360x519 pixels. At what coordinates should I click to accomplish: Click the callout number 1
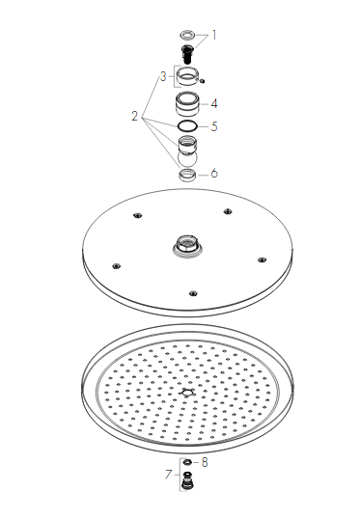click(214, 35)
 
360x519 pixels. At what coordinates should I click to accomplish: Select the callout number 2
click(134, 116)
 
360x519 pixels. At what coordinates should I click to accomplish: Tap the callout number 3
click(163, 76)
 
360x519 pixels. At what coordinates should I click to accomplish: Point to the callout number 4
click(214, 103)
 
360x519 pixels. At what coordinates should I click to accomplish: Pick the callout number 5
click(214, 126)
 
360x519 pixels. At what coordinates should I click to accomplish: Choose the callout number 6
click(214, 173)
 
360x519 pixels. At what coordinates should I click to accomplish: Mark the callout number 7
click(168, 475)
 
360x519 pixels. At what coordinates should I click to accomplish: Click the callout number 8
click(205, 462)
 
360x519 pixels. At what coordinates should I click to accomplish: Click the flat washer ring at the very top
click(188, 35)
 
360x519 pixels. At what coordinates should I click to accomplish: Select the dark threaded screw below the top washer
click(188, 53)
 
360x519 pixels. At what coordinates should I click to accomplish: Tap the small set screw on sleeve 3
click(203, 80)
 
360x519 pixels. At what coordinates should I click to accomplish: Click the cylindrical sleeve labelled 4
click(187, 103)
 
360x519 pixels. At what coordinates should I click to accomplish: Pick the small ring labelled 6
click(187, 175)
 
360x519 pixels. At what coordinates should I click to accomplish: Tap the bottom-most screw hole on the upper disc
click(193, 293)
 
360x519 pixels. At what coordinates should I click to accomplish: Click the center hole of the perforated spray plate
click(187, 393)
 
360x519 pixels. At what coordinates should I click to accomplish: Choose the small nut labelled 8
click(187, 462)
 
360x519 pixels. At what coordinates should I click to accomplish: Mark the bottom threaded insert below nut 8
click(187, 481)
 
